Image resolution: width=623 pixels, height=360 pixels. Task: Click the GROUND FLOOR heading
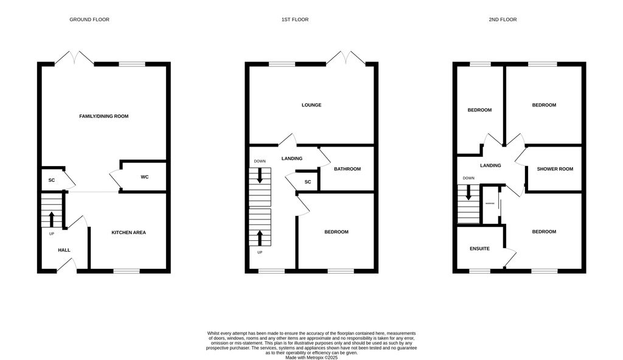pyautogui.click(x=89, y=19)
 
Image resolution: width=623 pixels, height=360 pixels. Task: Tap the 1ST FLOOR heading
pyautogui.click(x=294, y=19)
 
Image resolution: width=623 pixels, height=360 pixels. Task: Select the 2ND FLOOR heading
pyautogui.click(x=503, y=19)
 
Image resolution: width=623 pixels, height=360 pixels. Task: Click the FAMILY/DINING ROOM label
pyautogui.click(x=103, y=116)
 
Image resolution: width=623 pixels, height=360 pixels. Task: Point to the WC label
pyautogui.click(x=145, y=177)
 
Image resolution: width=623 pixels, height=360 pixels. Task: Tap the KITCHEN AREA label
pyautogui.click(x=128, y=232)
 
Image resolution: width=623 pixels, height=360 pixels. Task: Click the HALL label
pyautogui.click(x=64, y=250)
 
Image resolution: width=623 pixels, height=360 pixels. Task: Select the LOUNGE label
pyautogui.click(x=311, y=105)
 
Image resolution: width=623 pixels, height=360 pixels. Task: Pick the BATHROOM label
pyautogui.click(x=347, y=169)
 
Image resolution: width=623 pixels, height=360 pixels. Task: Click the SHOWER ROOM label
pyautogui.click(x=554, y=169)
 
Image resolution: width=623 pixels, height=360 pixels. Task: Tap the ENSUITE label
pyautogui.click(x=480, y=248)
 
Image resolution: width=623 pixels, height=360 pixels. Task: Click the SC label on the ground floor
pyautogui.click(x=52, y=180)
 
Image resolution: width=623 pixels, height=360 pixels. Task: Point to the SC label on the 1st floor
pyautogui.click(x=308, y=182)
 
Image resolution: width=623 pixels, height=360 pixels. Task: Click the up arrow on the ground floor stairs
pyautogui.click(x=51, y=218)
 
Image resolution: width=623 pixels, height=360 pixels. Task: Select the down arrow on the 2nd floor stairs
pyautogui.click(x=468, y=193)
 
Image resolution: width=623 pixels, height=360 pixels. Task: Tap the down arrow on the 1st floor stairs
pyautogui.click(x=260, y=176)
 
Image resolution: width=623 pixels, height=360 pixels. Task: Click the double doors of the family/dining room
pyautogui.click(x=74, y=58)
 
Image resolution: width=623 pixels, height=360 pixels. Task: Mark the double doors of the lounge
pyautogui.click(x=346, y=58)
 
